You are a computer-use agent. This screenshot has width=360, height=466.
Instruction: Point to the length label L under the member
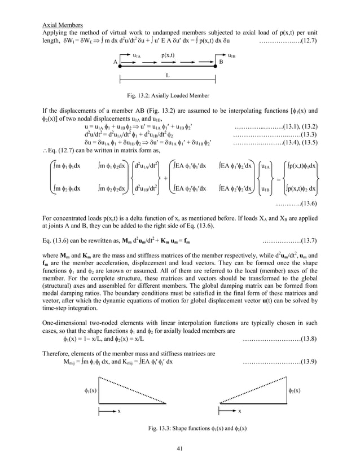(x=168, y=74)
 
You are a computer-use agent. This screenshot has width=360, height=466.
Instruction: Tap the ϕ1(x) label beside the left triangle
(x=87, y=390)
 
